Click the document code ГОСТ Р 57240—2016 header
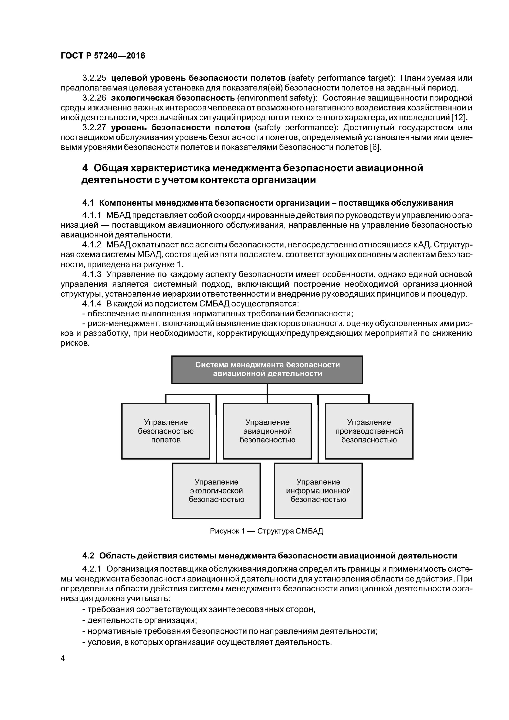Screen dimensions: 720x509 [103, 56]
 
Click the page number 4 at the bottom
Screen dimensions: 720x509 [63, 658]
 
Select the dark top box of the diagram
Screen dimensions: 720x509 [267, 369]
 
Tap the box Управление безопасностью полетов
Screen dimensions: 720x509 [166, 431]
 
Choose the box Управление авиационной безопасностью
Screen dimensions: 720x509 [267, 431]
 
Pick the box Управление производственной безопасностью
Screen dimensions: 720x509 [369, 431]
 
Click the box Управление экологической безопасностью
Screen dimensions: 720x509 [216, 491]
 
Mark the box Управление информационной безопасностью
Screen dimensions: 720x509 [318, 491]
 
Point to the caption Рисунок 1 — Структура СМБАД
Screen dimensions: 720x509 [266, 531]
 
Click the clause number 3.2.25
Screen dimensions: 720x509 [94, 78]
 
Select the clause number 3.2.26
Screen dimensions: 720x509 [94, 98]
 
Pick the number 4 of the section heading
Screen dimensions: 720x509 [85, 168]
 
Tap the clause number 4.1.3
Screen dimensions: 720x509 [92, 274]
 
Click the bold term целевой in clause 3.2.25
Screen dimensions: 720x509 [129, 78]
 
